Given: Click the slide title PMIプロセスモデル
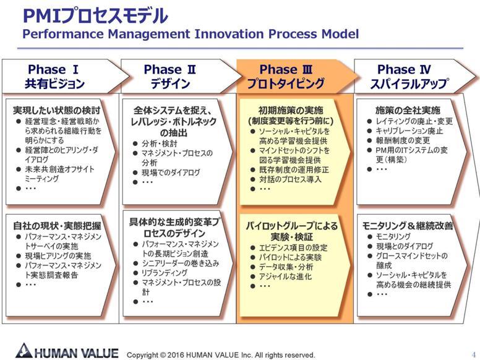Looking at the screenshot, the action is (x=95, y=16).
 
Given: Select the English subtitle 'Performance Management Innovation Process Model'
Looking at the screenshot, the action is (x=191, y=34).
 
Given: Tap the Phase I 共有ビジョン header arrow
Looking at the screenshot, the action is (x=65, y=76).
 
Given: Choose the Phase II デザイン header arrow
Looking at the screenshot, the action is (x=181, y=76).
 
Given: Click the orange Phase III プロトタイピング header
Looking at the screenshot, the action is (x=296, y=76).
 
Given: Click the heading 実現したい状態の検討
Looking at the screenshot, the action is (x=57, y=110).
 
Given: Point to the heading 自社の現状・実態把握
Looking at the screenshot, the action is (x=57, y=226).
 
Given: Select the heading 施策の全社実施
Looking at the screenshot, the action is (x=408, y=110).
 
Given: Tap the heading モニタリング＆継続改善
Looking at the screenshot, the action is (x=408, y=226).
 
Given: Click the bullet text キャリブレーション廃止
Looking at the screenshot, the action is (x=409, y=131).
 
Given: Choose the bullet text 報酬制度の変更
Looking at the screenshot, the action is (x=403, y=140).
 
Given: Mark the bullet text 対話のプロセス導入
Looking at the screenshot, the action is (x=290, y=179).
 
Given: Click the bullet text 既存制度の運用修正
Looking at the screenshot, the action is (x=294, y=169).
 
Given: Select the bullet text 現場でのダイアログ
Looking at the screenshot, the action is (x=171, y=173).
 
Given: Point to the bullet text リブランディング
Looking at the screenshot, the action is (x=165, y=272).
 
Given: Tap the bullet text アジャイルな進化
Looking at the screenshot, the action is (x=285, y=276).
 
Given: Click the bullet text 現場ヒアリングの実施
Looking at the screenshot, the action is (x=58, y=255).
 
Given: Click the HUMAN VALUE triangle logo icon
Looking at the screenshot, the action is (x=24, y=351).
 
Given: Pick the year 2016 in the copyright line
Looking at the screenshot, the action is (x=176, y=355).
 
